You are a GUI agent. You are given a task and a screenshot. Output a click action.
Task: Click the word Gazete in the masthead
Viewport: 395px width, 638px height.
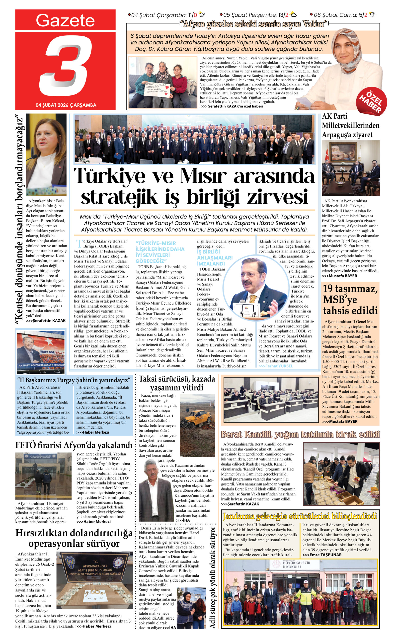65,20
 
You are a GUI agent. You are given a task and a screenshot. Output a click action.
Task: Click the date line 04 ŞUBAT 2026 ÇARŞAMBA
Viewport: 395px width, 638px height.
66,105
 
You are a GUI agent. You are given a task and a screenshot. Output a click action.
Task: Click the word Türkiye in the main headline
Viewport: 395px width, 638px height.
109,176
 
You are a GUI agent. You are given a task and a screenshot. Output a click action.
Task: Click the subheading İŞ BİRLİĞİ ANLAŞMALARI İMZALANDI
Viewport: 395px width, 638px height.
215,258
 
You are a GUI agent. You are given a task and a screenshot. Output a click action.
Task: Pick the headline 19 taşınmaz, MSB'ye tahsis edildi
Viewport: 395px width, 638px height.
350,300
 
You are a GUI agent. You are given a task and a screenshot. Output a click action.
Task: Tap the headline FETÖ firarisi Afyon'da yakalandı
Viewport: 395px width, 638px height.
74,445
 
